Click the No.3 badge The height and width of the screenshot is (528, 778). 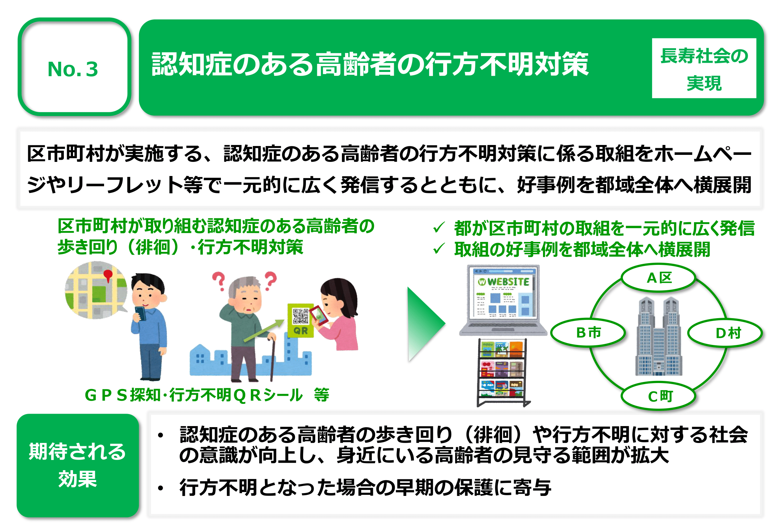pyautogui.click(x=74, y=67)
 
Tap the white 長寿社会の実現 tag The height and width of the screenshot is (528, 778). pyautogui.click(x=704, y=68)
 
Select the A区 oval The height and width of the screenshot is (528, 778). pyautogui.click(x=658, y=278)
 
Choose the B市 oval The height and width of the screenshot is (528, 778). pyautogui.click(x=588, y=333)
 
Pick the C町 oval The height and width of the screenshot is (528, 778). pyautogui.click(x=658, y=396)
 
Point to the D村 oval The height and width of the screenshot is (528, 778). pyautogui.click(x=725, y=333)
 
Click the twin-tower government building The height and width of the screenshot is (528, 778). pyautogui.click(x=659, y=336)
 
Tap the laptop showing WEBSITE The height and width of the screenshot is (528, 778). pyautogui.click(x=502, y=300)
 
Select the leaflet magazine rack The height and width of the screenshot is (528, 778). pyautogui.click(x=503, y=372)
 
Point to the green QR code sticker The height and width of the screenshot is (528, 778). pyautogui.click(x=300, y=320)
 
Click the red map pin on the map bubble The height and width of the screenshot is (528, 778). pyautogui.click(x=108, y=275)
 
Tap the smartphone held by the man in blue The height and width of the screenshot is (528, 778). pyautogui.click(x=140, y=313)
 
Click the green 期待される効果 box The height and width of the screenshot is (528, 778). pyautogui.click(x=78, y=465)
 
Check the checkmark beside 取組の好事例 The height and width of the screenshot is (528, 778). pyautogui.click(x=439, y=249)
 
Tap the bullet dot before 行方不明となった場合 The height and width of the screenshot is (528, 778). pyautogui.click(x=161, y=488)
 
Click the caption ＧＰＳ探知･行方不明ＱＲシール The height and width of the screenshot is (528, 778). pyautogui.click(x=193, y=395)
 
